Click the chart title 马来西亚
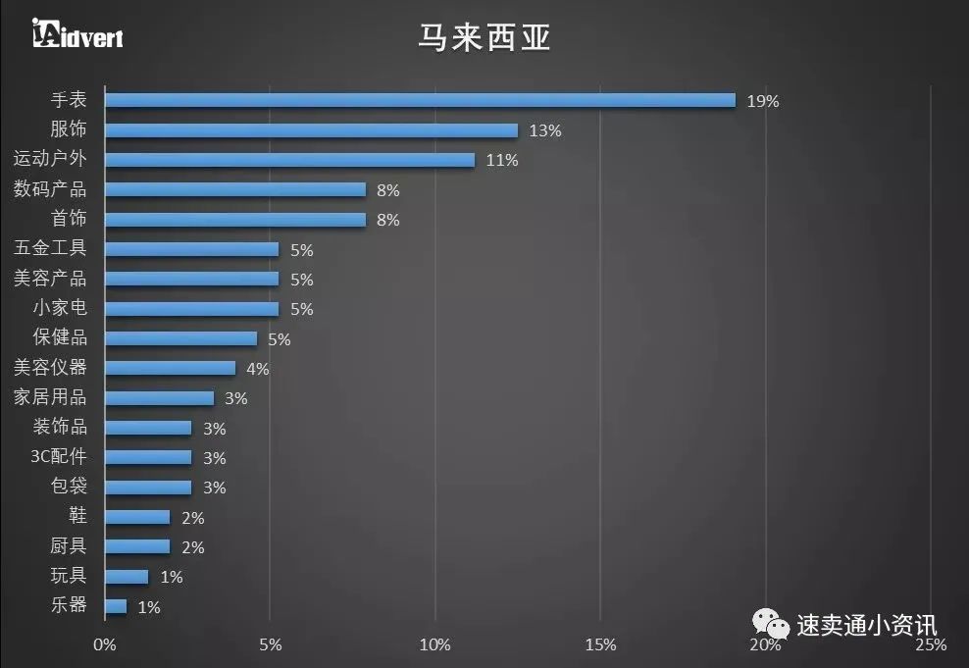484,38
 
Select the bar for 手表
420,100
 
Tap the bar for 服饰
311,130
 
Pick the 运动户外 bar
289,160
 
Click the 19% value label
762,101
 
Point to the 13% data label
544,130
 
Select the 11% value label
501,161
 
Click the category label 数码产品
50,189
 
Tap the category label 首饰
69,219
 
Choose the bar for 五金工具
191,249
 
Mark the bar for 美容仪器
170,368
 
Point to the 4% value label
257,369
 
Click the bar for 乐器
116,606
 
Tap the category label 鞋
77,516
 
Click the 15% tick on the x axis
600,644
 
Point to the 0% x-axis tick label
104,644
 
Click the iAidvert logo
76,34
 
